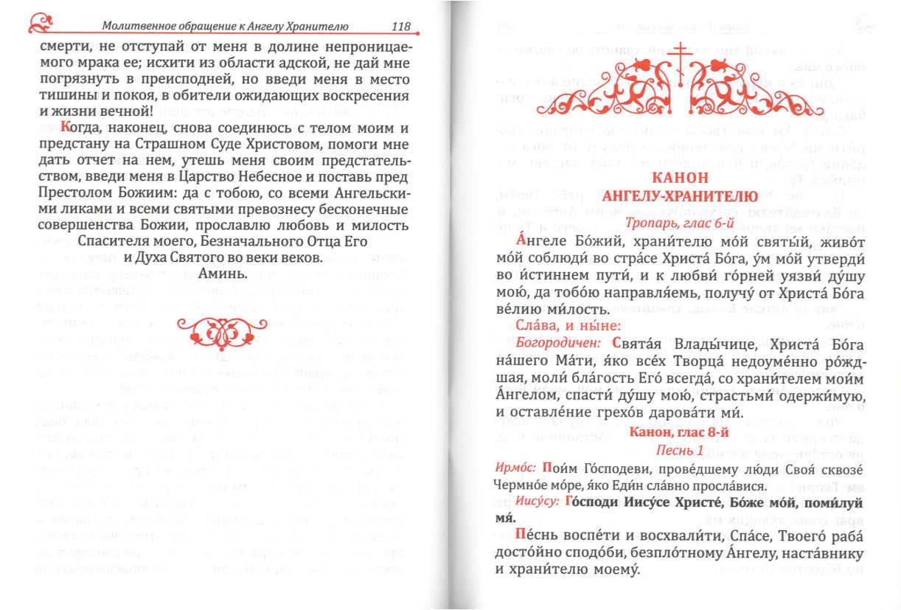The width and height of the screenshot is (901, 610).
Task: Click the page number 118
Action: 401,27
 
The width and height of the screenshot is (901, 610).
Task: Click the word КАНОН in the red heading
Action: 681,179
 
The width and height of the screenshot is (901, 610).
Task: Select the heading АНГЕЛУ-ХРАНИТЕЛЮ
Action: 680,196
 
